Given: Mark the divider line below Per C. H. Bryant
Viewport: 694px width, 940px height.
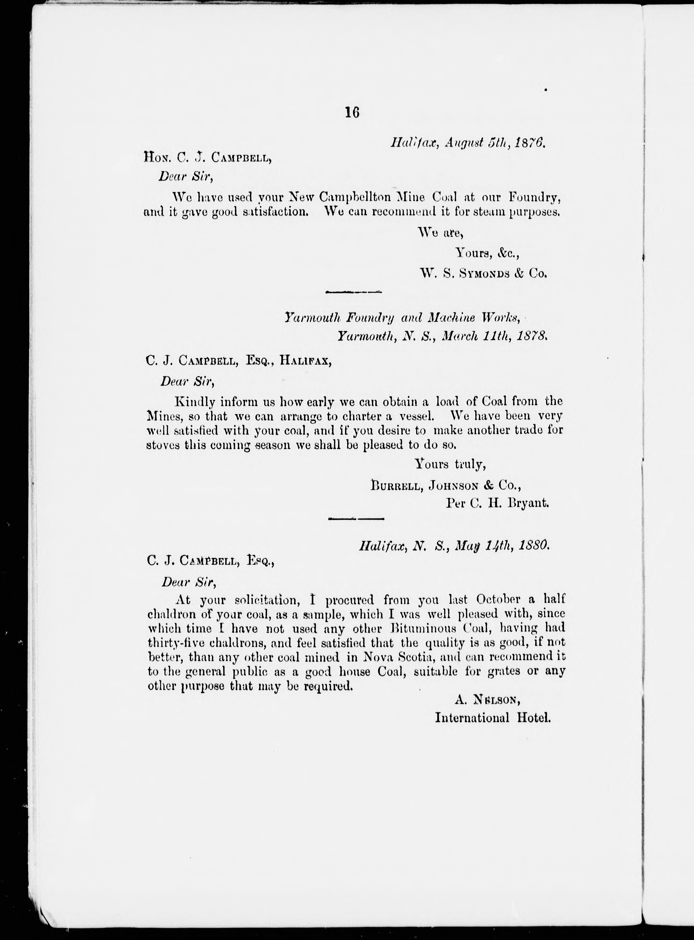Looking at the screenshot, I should (356, 519).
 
